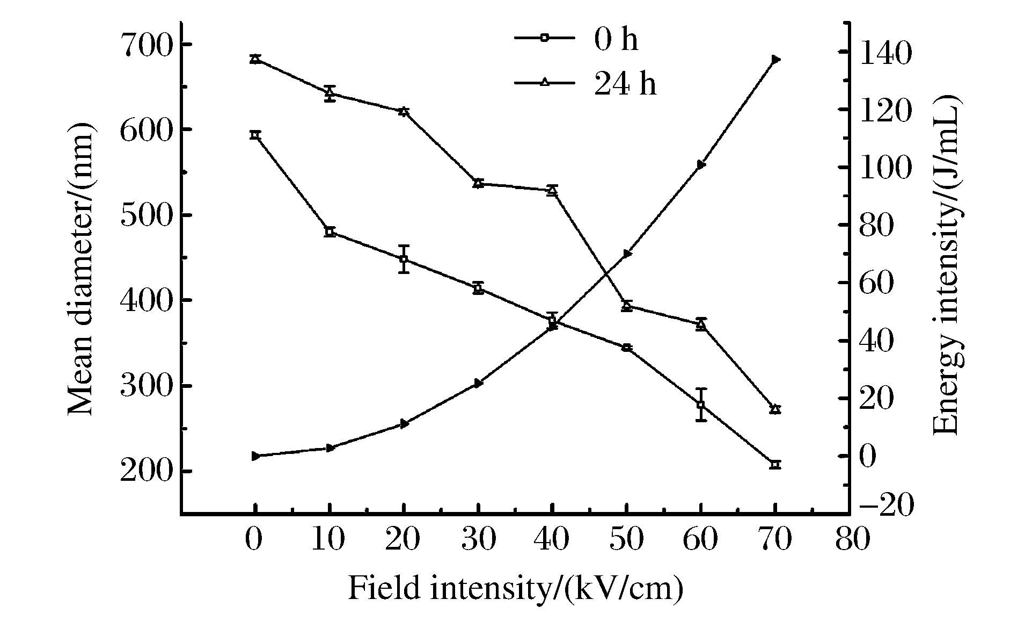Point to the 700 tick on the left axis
[x=144, y=44]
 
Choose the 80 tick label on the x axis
[x=851, y=539]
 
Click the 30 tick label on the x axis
[x=478, y=539]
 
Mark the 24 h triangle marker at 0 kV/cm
[x=255, y=59]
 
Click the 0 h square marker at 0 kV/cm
[x=255, y=135]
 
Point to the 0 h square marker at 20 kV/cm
[x=404, y=259]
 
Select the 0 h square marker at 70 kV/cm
[x=775, y=465]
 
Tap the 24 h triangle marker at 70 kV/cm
[x=775, y=409]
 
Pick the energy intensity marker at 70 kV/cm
[x=775, y=59]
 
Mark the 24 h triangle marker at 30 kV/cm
[x=478, y=183]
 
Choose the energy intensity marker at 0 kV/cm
[x=255, y=456]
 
